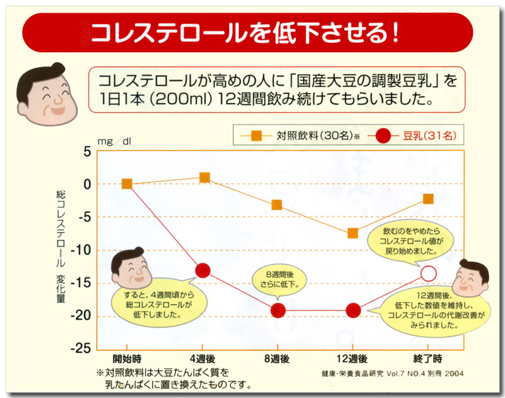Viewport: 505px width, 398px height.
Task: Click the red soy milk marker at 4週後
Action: pos(203,270)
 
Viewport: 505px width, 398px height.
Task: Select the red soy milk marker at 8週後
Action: pos(278,310)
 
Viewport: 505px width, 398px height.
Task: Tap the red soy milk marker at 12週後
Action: pos(353,310)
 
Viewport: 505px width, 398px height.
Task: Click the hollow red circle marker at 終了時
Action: pos(428,274)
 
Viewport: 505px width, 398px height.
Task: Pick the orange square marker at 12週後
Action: pos(353,233)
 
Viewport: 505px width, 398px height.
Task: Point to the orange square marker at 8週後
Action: pos(278,205)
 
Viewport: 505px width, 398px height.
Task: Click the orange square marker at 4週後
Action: pos(204,178)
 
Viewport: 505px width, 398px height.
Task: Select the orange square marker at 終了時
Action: pos(428,199)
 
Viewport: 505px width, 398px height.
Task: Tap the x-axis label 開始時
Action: pos(127,358)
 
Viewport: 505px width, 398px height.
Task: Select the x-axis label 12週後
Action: pos(353,358)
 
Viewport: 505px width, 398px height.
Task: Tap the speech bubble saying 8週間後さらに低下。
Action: pos(278,279)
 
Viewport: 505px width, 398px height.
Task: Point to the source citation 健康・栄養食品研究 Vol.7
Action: pos(392,373)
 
